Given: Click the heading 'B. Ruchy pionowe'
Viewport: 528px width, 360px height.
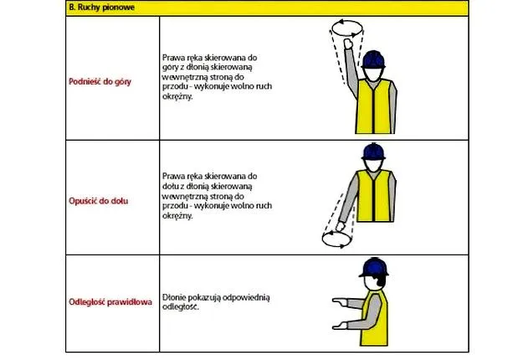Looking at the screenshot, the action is (102, 7).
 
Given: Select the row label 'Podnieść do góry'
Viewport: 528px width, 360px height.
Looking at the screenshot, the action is (100, 82).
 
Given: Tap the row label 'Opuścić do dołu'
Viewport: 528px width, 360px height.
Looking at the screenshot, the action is (99, 201).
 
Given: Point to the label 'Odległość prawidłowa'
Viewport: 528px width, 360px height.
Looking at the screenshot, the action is (110, 301).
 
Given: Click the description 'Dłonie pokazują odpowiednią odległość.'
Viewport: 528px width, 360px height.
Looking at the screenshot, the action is (216, 302).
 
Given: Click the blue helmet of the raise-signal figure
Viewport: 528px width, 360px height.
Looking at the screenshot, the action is (373, 59).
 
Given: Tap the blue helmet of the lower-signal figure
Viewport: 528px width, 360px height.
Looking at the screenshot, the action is (373, 152).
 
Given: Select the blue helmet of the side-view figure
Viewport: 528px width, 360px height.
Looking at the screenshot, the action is (374, 267).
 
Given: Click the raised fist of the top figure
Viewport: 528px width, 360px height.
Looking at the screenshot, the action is (348, 44).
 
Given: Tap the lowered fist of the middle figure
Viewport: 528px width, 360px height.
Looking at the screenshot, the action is (341, 226).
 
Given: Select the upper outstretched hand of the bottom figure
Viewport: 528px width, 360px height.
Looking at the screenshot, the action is (340, 301).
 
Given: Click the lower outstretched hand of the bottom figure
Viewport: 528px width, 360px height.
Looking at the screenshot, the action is (340, 326).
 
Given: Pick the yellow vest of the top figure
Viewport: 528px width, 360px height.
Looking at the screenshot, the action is (374, 106).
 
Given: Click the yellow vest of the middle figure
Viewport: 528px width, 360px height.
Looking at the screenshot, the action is (374, 196).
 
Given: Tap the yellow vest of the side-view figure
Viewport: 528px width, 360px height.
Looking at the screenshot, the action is (374, 318).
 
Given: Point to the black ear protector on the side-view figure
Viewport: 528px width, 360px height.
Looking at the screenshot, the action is (382, 280).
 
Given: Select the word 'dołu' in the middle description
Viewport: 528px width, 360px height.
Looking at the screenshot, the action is (171, 186).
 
